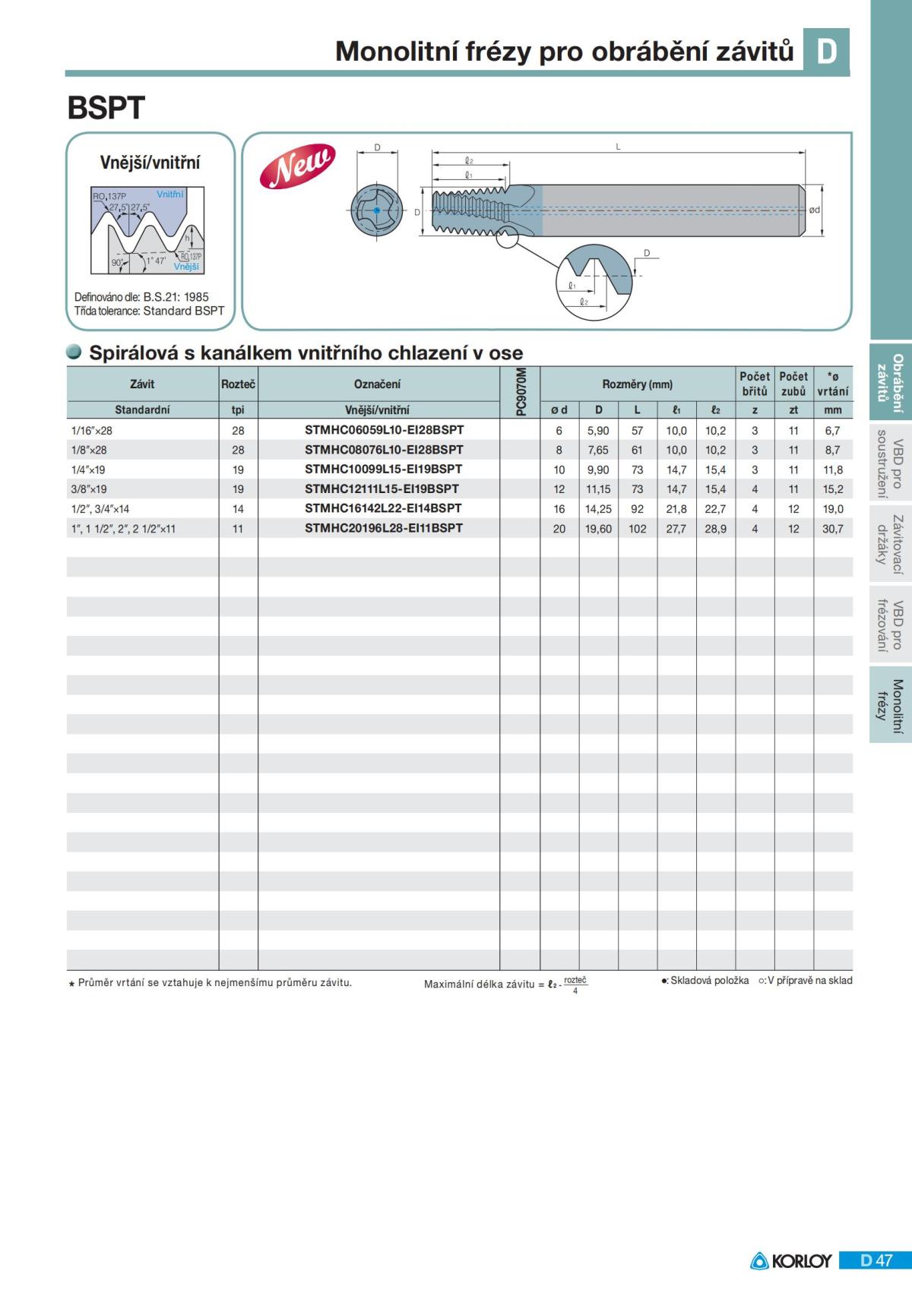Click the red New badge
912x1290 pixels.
pyautogui.click(x=297, y=166)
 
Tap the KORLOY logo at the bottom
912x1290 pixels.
pyautogui.click(x=791, y=1260)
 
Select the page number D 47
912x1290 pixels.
pyautogui.click(x=876, y=1260)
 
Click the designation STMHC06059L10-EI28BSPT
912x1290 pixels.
pyautogui.click(x=384, y=430)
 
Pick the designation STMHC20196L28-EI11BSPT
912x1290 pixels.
pyautogui.click(x=384, y=528)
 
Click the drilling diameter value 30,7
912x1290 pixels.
pyautogui.click(x=833, y=529)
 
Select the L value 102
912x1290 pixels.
pyautogui.click(x=637, y=529)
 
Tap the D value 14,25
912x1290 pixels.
pyautogui.click(x=598, y=509)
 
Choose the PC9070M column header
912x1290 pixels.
pyautogui.click(x=521, y=392)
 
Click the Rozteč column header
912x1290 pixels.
pyautogui.click(x=238, y=384)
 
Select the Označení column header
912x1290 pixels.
pyautogui.click(x=378, y=384)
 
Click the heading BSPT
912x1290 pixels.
pyautogui.click(x=106, y=108)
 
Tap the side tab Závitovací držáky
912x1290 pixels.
pyautogui.click(x=890, y=544)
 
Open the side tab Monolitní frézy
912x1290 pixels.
pyautogui.click(x=890, y=706)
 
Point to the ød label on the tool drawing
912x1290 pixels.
pyautogui.click(x=815, y=210)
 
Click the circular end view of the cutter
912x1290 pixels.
pyautogui.click(x=376, y=210)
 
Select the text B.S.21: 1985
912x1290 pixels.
pyautogui.click(x=176, y=297)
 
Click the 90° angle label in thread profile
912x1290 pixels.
pyautogui.click(x=118, y=262)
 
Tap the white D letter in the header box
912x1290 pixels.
pyautogui.click(x=826, y=51)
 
